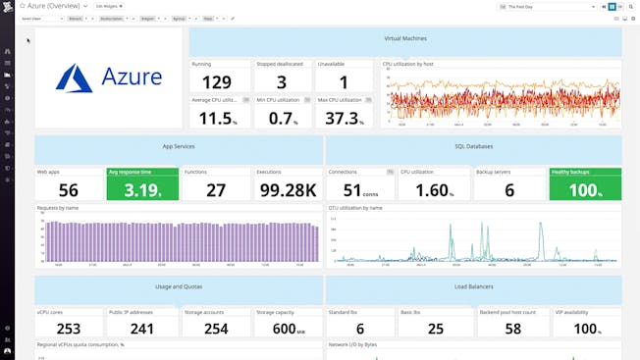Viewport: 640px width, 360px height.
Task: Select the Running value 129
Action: pyautogui.click(x=216, y=82)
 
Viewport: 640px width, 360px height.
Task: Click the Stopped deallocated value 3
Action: pyautogui.click(x=282, y=82)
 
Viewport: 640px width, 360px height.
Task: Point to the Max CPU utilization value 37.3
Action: pyautogui.click(x=343, y=118)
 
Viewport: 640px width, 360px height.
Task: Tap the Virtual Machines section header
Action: pyautogui.click(x=404, y=40)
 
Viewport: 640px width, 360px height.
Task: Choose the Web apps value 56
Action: pyautogui.click(x=69, y=190)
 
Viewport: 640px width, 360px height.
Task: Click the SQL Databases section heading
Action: pyautogui.click(x=473, y=147)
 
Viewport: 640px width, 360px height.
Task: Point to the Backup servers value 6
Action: pyautogui.click(x=509, y=190)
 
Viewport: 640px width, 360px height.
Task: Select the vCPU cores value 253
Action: pyautogui.click(x=69, y=330)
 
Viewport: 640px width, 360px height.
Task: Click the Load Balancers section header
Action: pyautogui.click(x=473, y=287)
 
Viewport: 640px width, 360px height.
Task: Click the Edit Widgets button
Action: pyautogui.click(x=109, y=6)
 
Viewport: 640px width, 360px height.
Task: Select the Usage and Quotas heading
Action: pyautogui.click(x=179, y=287)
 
